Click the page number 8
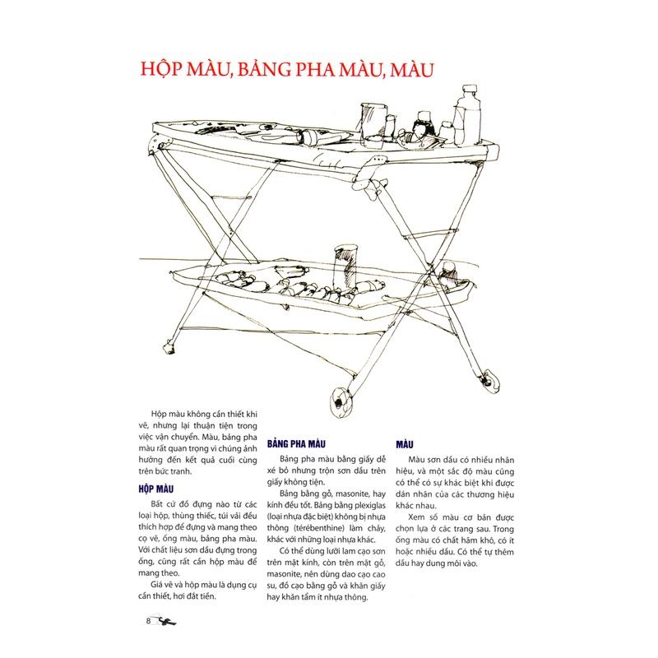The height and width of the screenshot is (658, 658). tap(146, 619)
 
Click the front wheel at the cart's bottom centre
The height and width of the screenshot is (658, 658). tap(339, 402)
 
